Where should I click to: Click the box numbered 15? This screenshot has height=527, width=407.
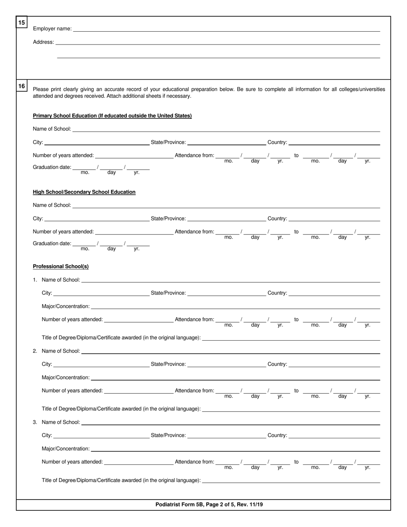pos(21,22)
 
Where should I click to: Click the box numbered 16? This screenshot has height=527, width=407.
pos(21,86)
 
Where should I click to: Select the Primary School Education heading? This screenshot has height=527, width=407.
pos(112,116)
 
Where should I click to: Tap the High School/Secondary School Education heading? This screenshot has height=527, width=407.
pos(84,192)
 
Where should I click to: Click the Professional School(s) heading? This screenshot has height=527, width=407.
pos(61,266)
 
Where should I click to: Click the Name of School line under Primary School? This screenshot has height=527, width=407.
pos(226,129)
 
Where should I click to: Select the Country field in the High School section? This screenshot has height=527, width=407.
pos(334,219)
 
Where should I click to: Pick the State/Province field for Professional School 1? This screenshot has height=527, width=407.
pos(226,293)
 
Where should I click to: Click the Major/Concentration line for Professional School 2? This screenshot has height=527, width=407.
pos(236,378)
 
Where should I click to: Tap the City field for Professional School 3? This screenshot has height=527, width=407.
pos(101,436)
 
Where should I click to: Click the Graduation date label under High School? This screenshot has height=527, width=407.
pos(52,243)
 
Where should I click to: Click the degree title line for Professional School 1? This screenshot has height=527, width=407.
pos(291,338)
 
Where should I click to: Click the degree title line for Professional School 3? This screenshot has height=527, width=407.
pos(291,481)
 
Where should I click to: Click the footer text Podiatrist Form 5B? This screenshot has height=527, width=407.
pos(209,504)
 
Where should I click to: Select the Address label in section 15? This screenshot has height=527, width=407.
pos(43,42)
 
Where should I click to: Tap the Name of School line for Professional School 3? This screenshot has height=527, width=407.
pos(230,423)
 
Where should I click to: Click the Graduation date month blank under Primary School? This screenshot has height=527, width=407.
pos(85,168)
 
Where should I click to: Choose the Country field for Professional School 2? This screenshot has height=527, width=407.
pos(334,365)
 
